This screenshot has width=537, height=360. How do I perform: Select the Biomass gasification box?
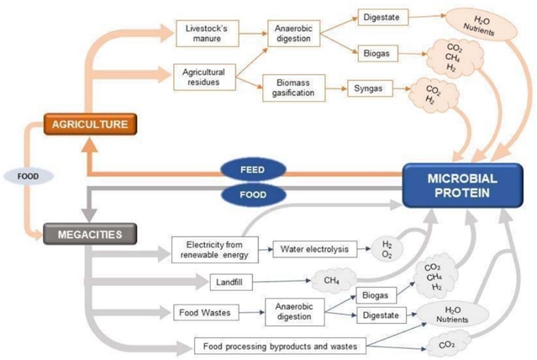pos(293,87)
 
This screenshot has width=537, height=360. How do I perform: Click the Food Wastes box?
pos(206,314)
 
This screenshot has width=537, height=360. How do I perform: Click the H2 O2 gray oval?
pos(386,249)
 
